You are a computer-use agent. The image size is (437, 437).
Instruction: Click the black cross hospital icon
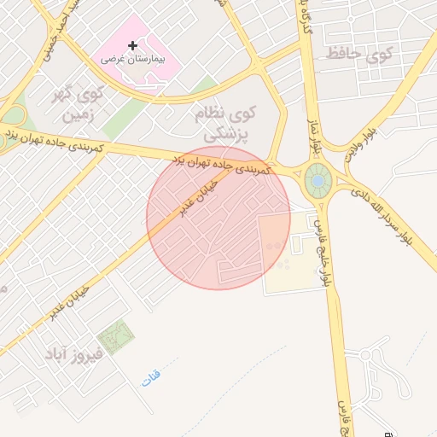(x=131, y=45)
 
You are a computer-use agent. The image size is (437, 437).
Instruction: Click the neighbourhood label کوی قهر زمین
(x=86, y=102)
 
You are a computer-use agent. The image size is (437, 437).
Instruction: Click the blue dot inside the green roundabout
(x=318, y=181)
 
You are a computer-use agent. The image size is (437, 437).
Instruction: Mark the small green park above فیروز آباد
(x=115, y=335)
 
